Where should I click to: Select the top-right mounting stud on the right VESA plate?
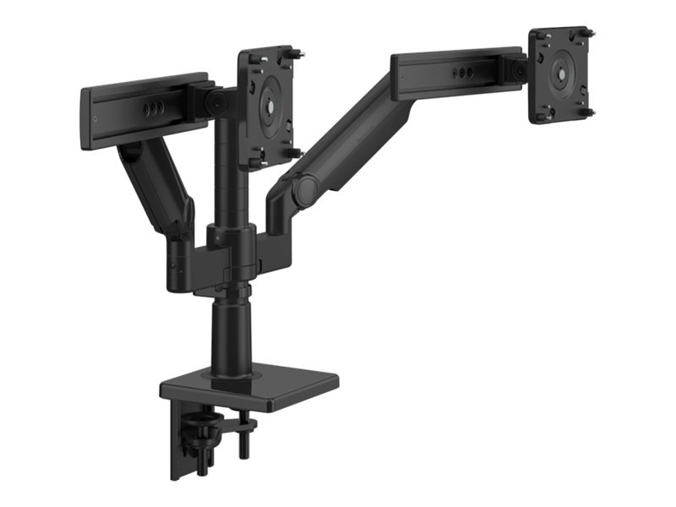(x=589, y=33)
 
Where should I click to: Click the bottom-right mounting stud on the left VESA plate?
(x=294, y=153)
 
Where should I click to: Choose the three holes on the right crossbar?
(x=461, y=74)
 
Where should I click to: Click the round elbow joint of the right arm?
(x=305, y=189)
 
